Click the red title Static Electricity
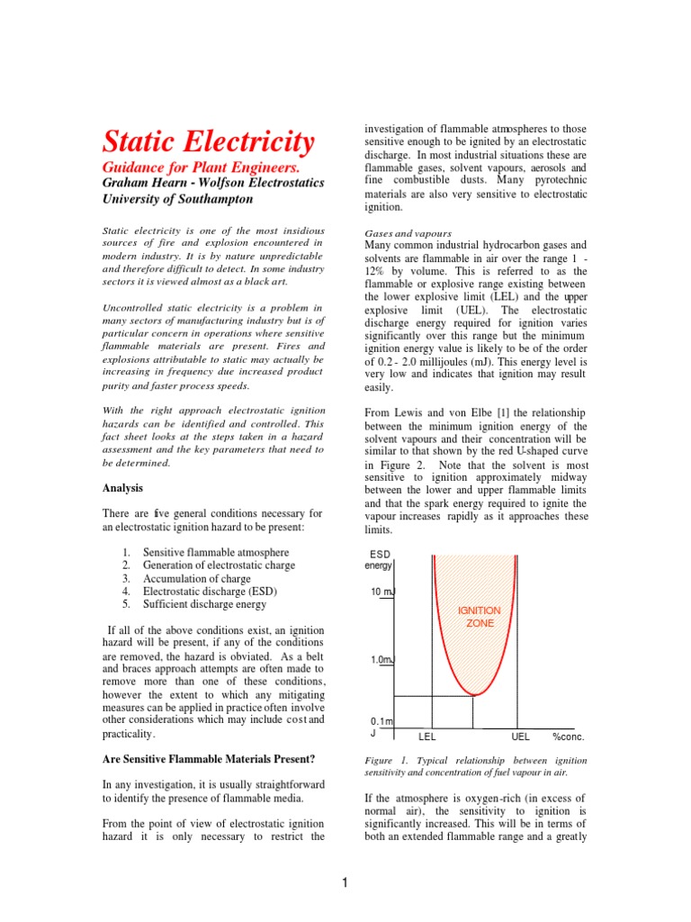(209, 141)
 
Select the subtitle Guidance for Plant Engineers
(202, 167)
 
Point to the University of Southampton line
(185, 199)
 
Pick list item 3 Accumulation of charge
(199, 578)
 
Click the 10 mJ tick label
(382, 592)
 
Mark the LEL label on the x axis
(427, 736)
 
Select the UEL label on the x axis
(520, 736)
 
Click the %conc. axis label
(569, 736)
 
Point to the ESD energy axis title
(378, 559)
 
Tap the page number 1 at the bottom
(345, 883)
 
